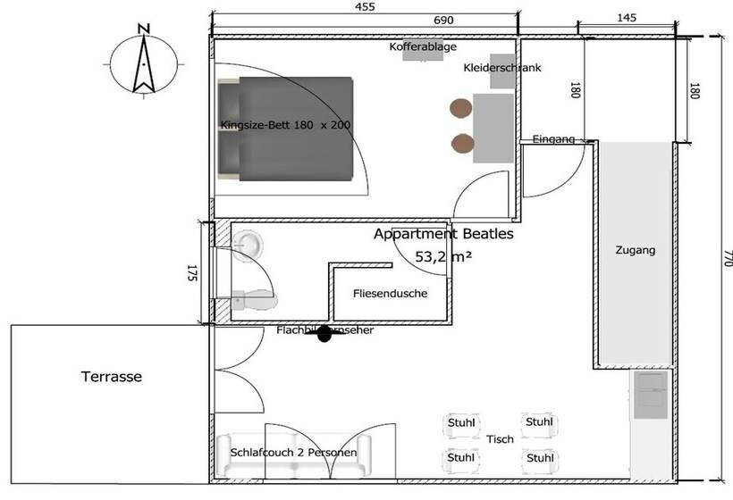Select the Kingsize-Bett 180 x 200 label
tap(284, 125)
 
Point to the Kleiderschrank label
tap(502, 68)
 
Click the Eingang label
tap(553, 138)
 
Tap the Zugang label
tap(636, 251)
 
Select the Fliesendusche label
tap(389, 293)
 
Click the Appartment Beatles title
tap(443, 236)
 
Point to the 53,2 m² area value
tap(443, 256)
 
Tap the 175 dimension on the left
tap(191, 274)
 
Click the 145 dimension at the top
tap(626, 19)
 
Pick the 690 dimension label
tap(443, 19)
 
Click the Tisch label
tap(500, 438)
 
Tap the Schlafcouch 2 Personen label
tap(294, 453)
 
